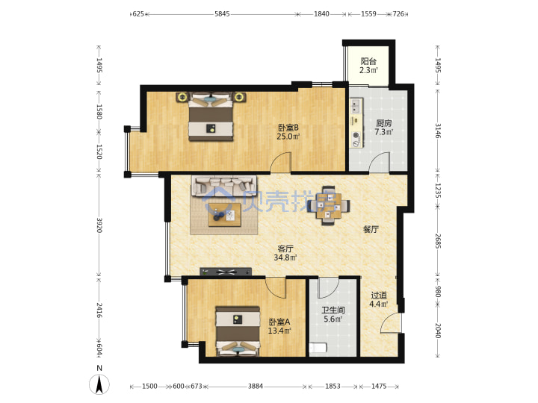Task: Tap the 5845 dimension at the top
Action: [x=222, y=14]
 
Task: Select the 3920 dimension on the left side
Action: [x=99, y=225]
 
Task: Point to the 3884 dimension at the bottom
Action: [x=256, y=387]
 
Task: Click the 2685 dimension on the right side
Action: [x=438, y=241]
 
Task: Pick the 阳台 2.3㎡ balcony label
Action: [x=368, y=66]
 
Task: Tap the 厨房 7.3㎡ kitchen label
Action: [x=383, y=128]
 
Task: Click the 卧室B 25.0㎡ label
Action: [x=288, y=132]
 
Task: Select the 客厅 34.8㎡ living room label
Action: [x=285, y=253]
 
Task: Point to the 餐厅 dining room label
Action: [x=371, y=229]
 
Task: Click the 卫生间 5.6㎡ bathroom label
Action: [x=333, y=315]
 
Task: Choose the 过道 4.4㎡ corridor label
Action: [x=379, y=299]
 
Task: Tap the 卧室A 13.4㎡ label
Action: [x=279, y=326]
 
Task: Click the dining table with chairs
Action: [x=328, y=206]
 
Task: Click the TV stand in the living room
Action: [x=226, y=272]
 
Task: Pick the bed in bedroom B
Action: [x=211, y=116]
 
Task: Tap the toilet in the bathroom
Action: [x=318, y=348]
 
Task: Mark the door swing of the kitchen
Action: [x=379, y=162]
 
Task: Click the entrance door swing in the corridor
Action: [x=391, y=322]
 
